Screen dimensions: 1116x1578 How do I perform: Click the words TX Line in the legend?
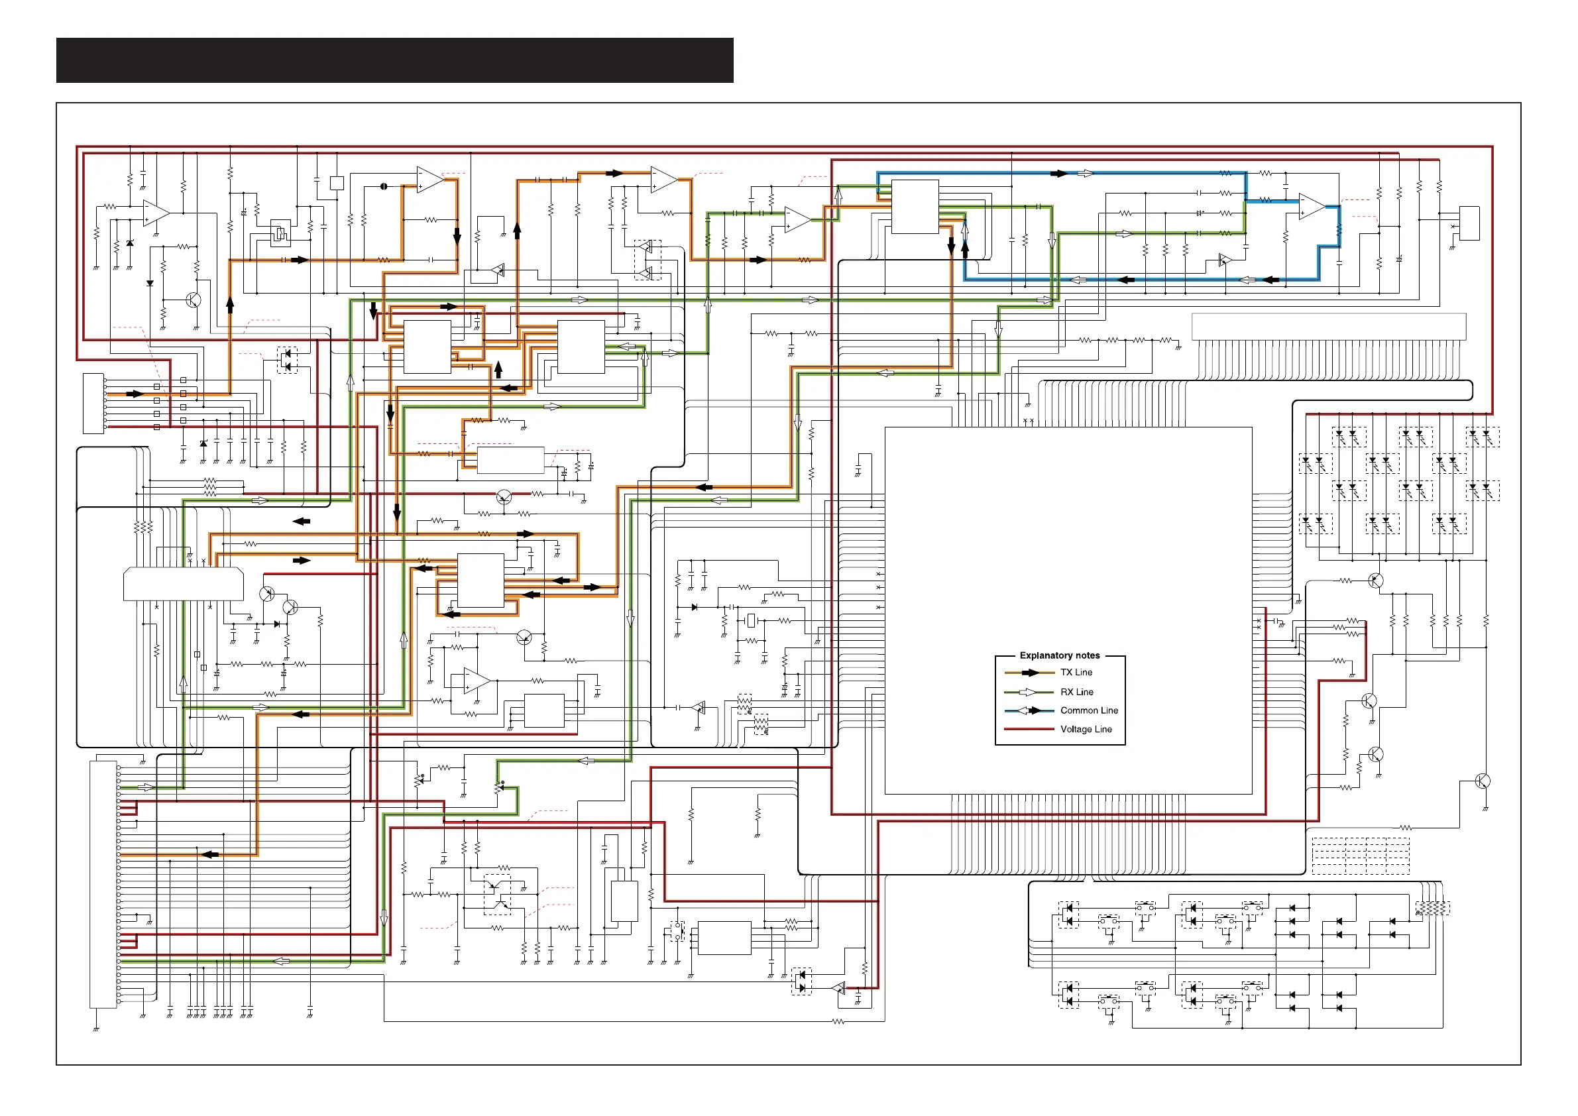tap(1076, 673)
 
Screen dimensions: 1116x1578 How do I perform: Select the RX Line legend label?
tap(1076, 692)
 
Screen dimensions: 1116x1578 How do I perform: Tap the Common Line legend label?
tap(1089, 710)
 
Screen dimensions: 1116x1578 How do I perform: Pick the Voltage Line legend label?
tap(1085, 729)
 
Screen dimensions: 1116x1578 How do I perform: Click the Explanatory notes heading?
tap(1059, 655)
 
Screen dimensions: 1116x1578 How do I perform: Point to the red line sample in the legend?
tap(1028, 729)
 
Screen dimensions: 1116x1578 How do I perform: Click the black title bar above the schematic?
tap(394, 60)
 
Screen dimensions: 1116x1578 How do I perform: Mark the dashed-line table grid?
tap(1360, 856)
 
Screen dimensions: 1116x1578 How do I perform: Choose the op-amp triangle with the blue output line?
tap(1312, 207)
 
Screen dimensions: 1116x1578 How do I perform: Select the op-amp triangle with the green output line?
tap(797, 220)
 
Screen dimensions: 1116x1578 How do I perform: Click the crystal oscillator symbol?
tap(751, 620)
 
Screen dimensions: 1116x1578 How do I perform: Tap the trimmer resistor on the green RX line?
tap(500, 787)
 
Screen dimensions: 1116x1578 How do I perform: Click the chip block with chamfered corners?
tap(184, 584)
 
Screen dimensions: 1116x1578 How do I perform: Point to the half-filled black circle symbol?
tap(384, 186)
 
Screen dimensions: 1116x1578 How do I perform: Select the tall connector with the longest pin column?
tap(103, 885)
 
